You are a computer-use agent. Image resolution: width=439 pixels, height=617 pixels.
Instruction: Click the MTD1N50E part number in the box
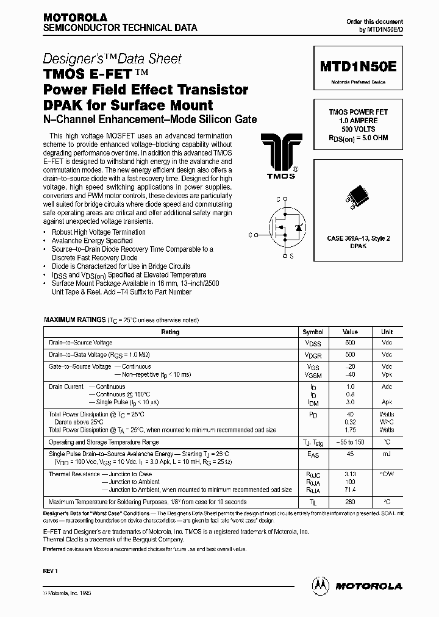point(358,66)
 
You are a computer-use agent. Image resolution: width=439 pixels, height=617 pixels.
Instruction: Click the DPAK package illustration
point(358,196)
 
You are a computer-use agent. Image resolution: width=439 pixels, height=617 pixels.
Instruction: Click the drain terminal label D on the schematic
point(278,199)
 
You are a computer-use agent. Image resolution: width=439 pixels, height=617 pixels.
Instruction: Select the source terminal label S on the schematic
point(291,257)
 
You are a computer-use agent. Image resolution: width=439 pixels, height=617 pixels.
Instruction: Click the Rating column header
point(170,332)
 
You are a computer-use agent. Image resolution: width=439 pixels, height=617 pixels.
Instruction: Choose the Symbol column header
point(313,332)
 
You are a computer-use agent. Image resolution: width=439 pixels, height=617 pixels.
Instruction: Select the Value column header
point(350,332)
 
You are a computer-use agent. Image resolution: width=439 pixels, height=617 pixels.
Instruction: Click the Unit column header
point(387,332)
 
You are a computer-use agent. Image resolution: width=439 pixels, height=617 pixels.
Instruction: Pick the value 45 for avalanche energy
point(350,454)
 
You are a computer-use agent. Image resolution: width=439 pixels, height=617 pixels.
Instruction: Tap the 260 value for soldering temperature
point(350,502)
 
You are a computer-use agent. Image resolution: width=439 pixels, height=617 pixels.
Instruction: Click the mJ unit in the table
point(387,454)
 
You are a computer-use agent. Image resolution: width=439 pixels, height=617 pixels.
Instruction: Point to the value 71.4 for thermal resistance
point(350,490)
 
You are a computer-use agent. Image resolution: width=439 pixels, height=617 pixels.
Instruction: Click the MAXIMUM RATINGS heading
point(74,320)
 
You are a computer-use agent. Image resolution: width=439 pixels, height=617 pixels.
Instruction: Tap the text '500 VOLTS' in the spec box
point(358,129)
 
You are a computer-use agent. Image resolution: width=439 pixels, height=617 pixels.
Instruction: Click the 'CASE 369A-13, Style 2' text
point(358,238)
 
